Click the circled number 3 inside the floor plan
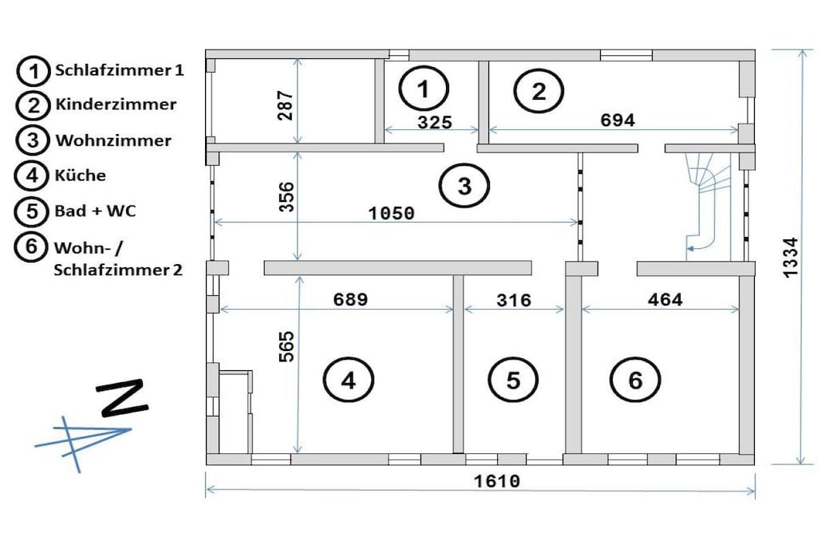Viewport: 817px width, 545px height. (x=464, y=186)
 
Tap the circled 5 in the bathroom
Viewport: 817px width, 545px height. (x=513, y=381)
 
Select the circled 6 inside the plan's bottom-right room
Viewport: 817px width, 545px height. (x=635, y=381)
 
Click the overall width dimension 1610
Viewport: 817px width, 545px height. (x=496, y=481)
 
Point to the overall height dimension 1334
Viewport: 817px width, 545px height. (x=791, y=258)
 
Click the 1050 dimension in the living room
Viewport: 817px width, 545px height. (x=391, y=213)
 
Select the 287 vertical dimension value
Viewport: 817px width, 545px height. (x=286, y=106)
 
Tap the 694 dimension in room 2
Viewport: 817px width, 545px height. (x=618, y=120)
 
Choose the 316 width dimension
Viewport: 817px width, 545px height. (x=514, y=300)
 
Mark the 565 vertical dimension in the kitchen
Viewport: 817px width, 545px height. (x=286, y=346)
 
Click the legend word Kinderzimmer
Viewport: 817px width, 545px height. (x=116, y=105)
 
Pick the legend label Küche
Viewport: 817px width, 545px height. (x=81, y=175)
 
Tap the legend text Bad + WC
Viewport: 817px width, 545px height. (x=96, y=211)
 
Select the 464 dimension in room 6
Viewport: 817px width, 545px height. (x=665, y=299)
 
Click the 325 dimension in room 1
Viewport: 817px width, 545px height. (x=435, y=122)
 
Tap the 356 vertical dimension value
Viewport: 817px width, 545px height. (x=286, y=197)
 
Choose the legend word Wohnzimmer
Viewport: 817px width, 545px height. (x=113, y=140)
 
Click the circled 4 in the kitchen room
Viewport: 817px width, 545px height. (x=348, y=381)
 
